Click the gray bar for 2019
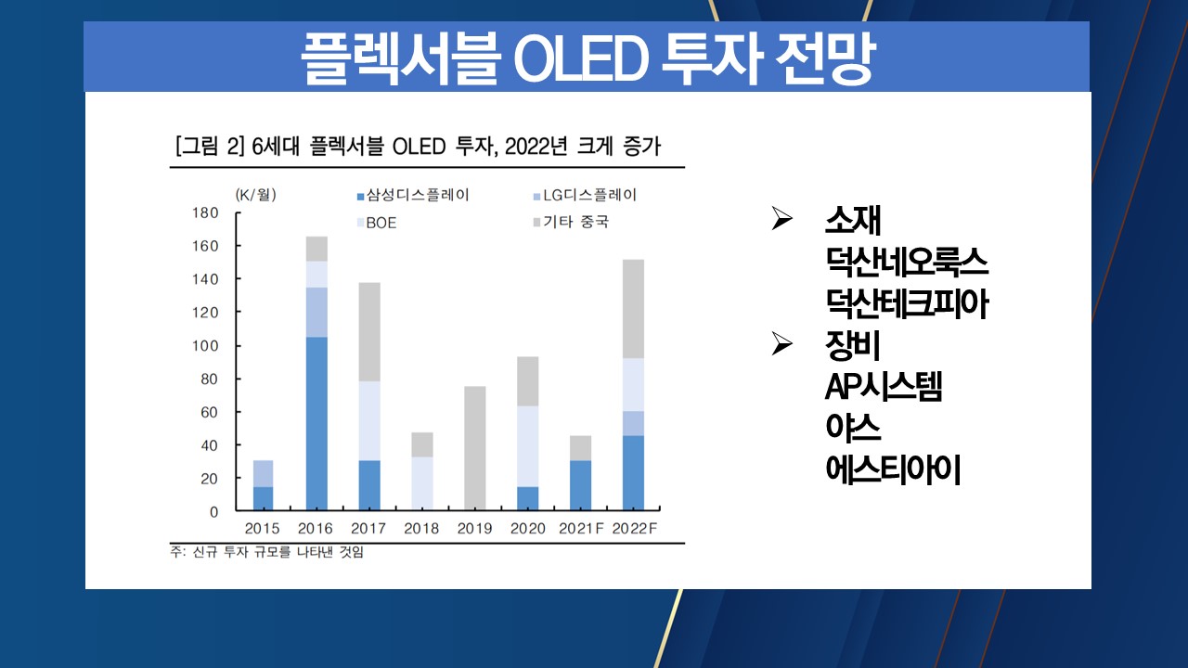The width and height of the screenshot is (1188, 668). (x=474, y=448)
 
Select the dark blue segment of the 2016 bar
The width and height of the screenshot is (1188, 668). (x=316, y=424)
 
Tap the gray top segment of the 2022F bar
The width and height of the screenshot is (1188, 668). (x=633, y=309)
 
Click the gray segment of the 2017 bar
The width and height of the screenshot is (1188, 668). (x=369, y=332)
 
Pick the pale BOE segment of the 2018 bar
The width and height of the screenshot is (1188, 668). (x=422, y=483)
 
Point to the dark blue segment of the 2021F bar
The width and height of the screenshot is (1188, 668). (x=581, y=485)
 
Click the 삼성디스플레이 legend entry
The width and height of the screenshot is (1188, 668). (x=413, y=196)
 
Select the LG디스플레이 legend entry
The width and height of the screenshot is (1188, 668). (x=585, y=196)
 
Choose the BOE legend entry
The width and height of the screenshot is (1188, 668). (x=377, y=223)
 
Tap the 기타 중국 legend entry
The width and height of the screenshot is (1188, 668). (x=571, y=222)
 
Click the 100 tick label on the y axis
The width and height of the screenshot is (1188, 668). (x=205, y=346)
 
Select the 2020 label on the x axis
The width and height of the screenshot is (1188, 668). (x=528, y=528)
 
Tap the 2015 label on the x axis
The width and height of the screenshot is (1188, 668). (x=262, y=528)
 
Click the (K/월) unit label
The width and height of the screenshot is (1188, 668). (x=256, y=195)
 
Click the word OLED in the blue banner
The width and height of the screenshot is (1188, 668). (x=581, y=58)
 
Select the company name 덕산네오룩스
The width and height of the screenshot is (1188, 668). (x=907, y=262)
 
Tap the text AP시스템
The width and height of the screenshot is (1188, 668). (x=884, y=387)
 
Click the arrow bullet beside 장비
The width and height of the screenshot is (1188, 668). (x=781, y=343)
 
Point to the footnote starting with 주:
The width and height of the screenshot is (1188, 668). (x=266, y=552)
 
